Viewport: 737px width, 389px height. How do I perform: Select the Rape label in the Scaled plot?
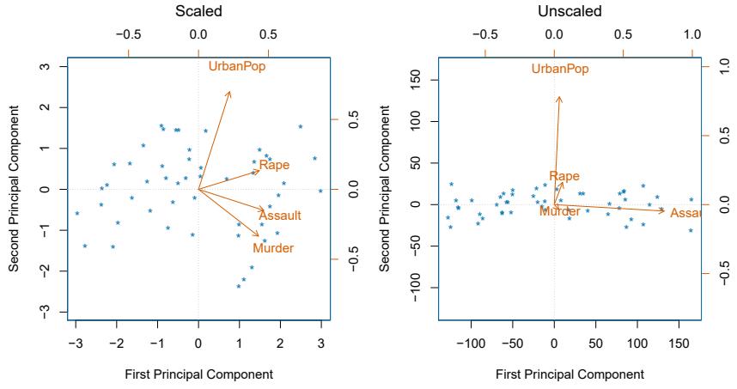[x=274, y=165]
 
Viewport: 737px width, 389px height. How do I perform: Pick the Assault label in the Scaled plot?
[x=280, y=216]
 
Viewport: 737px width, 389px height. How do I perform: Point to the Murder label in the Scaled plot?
[x=273, y=248]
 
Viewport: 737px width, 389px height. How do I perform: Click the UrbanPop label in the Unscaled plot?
[x=560, y=69]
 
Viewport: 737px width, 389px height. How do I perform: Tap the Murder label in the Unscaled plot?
[x=560, y=210]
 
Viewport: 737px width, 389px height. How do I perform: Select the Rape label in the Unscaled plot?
[x=564, y=176]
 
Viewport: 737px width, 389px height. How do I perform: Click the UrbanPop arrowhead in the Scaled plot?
[x=229, y=91]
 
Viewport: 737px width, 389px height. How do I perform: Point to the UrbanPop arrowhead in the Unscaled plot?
[x=559, y=97]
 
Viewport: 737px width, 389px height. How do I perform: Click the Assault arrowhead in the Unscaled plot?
[x=664, y=210]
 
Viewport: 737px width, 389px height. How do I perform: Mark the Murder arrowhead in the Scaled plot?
[x=259, y=235]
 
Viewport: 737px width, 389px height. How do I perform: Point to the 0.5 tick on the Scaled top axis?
[x=268, y=35]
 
